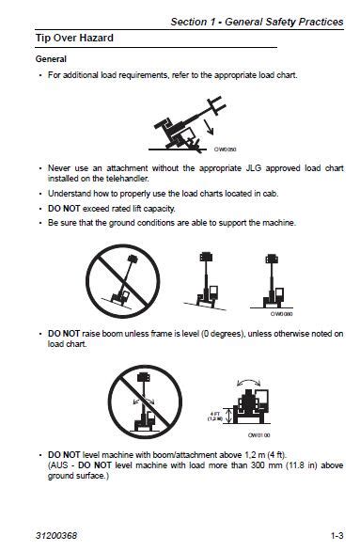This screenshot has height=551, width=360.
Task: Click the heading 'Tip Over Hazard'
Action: coord(74,39)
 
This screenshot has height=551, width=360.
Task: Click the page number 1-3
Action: coord(337,535)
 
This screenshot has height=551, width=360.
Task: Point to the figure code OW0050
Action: coord(225,149)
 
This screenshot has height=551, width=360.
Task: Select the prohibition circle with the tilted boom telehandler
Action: coord(119,277)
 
